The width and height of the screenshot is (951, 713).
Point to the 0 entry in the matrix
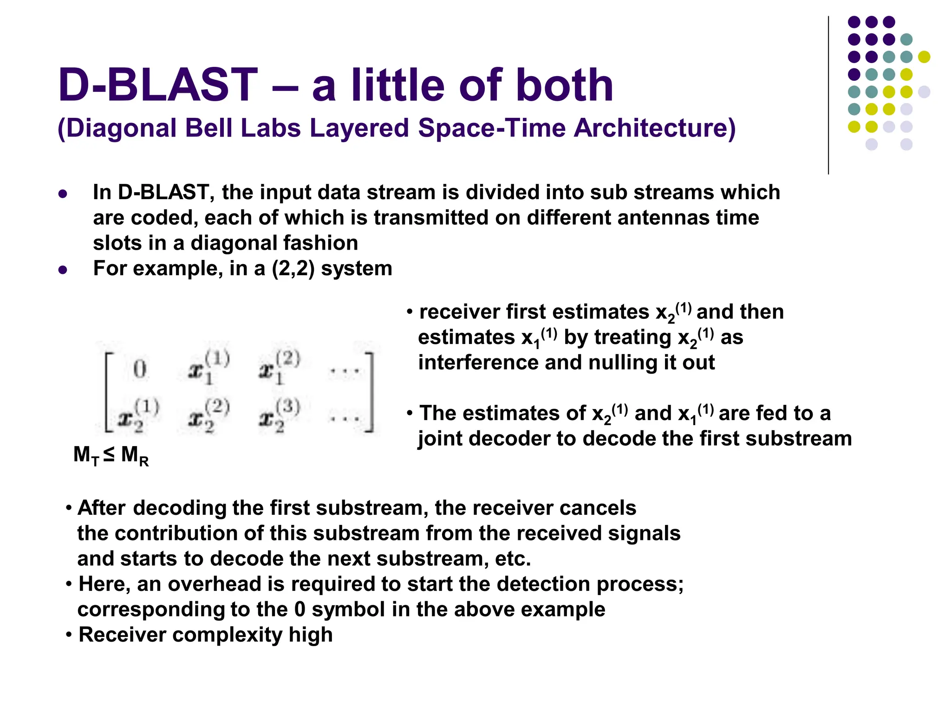pyautogui.click(x=140, y=369)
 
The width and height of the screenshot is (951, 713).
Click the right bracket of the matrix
pyautogui.click(x=370, y=392)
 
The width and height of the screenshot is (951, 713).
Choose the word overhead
pyautogui.click(x=215, y=584)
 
